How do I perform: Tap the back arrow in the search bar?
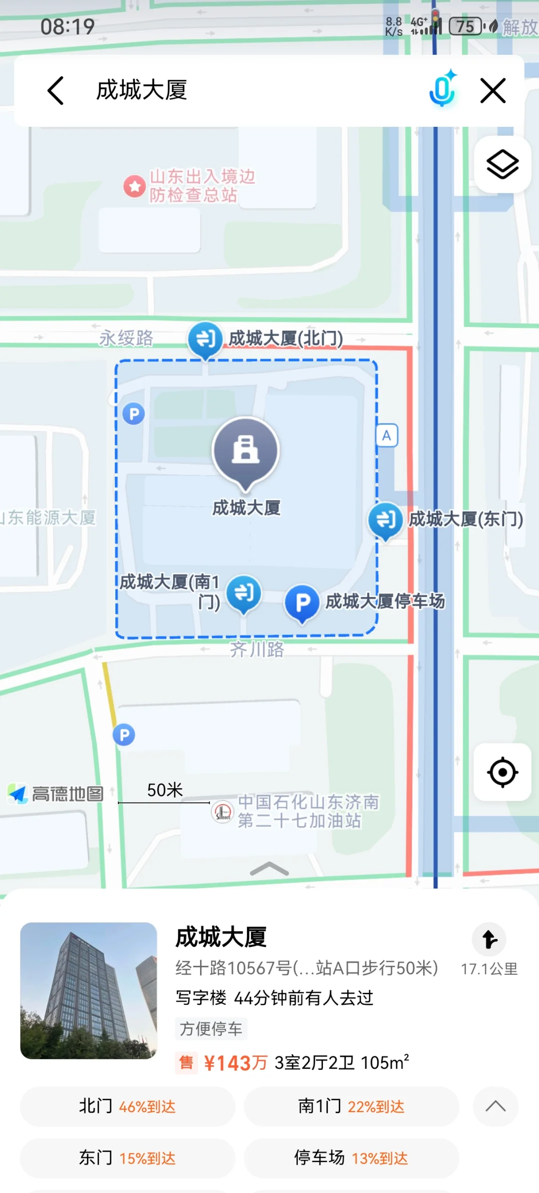[x=55, y=90]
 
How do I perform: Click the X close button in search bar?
[x=493, y=90]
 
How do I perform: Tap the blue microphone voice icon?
[x=442, y=89]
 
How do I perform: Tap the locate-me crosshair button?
[x=502, y=772]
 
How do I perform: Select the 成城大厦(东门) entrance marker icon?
[x=385, y=520]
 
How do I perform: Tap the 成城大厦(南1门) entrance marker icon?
[x=244, y=593]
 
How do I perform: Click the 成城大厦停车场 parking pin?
[x=302, y=602]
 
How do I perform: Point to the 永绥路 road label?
[x=126, y=338]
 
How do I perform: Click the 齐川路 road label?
[x=257, y=649]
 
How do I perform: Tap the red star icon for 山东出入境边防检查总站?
[x=134, y=186]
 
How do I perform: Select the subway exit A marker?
[x=387, y=436]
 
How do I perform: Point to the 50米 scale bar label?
[x=165, y=790]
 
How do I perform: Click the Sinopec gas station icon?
[x=222, y=811]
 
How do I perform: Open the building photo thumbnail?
[x=89, y=990]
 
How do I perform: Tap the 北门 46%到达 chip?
[x=127, y=1107]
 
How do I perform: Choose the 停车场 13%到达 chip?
[x=351, y=1158]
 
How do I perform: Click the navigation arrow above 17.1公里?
[x=489, y=939]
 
